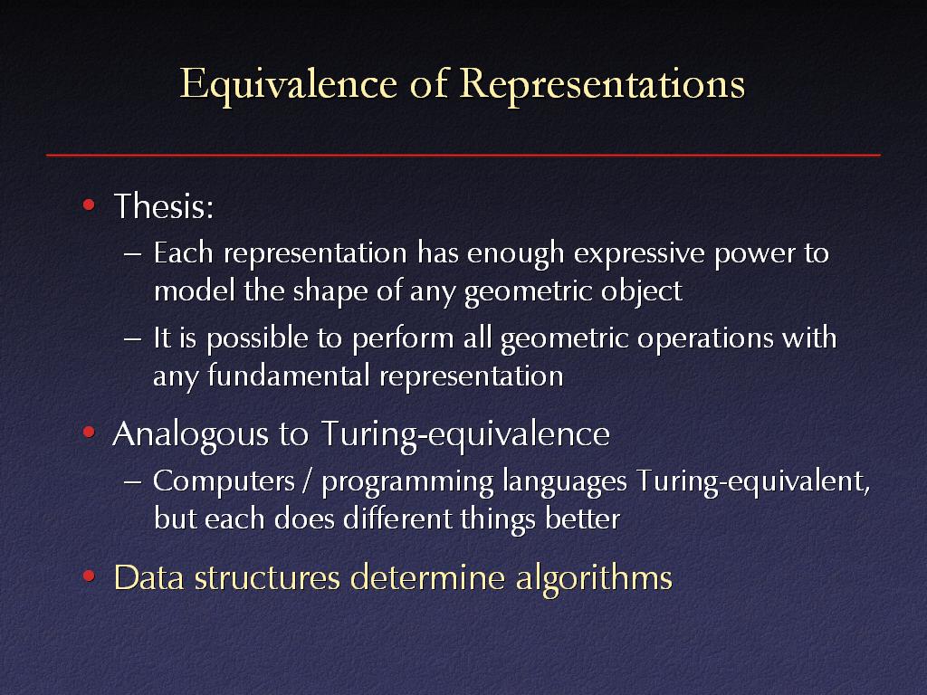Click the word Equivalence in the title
[x=289, y=84]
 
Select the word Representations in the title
[x=602, y=84]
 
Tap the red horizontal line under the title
[x=463, y=155]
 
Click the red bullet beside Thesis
[x=89, y=205]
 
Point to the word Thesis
[x=164, y=205]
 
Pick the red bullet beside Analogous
[x=89, y=433]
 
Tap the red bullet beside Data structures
[x=89, y=576]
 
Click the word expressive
[x=639, y=254]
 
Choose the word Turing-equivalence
[x=465, y=434]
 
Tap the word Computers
[x=225, y=481]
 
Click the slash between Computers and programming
[x=306, y=481]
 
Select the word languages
[x=565, y=481]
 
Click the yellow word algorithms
[x=594, y=578]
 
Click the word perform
[x=402, y=339]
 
